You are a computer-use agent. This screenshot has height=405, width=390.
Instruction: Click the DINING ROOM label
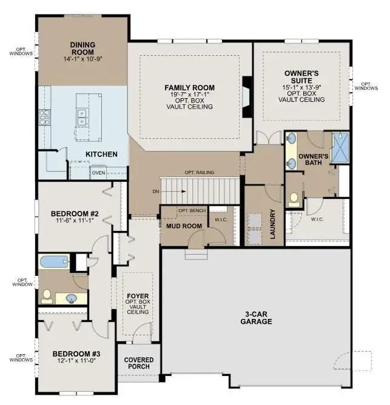[83, 48]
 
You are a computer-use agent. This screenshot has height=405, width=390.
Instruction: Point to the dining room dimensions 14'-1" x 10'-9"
[83, 59]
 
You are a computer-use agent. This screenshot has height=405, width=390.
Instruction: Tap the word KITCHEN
[101, 154]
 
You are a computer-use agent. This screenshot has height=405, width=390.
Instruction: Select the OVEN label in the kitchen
[99, 173]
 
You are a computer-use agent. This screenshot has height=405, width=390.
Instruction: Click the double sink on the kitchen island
[82, 113]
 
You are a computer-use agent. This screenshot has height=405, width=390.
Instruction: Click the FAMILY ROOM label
[190, 87]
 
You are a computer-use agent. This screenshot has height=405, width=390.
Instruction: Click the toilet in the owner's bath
[294, 198]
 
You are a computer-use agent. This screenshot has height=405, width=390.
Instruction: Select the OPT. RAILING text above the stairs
[199, 173]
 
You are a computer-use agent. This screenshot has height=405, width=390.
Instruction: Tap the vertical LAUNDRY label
[273, 225]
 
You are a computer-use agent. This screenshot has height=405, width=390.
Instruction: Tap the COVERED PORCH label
[139, 363]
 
